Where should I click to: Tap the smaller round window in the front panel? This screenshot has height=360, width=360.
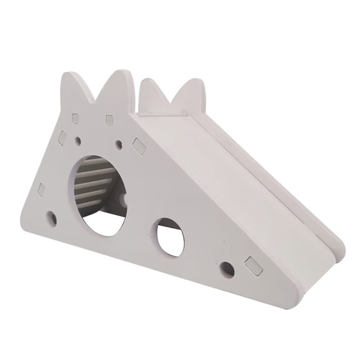[x=170, y=237]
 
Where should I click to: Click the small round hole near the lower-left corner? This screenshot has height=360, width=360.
[x=52, y=218]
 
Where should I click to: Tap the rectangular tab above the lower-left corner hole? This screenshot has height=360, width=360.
[x=42, y=190]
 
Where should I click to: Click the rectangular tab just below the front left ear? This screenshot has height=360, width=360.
[x=76, y=118]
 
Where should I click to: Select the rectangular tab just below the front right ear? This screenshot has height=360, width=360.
[x=110, y=119]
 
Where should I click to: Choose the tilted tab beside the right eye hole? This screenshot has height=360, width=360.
[x=139, y=147]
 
